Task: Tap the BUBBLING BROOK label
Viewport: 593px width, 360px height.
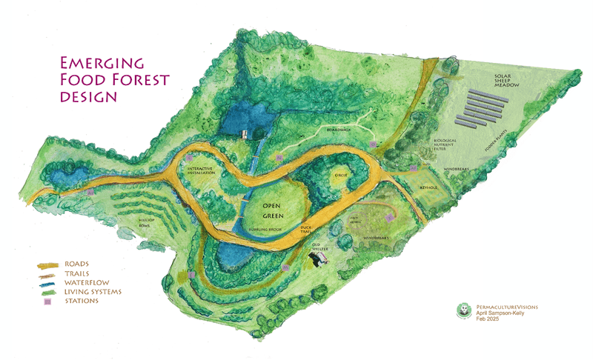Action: [x=262, y=230]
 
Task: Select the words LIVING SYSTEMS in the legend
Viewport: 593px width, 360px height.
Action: [x=93, y=291]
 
